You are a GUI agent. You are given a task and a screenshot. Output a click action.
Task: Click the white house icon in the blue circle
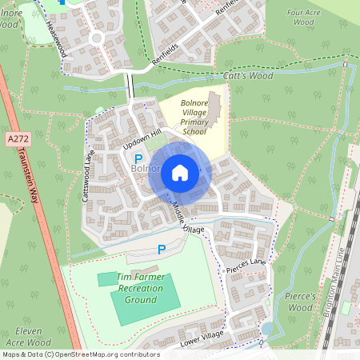[180, 173]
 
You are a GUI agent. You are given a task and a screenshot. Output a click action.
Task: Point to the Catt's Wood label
[250, 76]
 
